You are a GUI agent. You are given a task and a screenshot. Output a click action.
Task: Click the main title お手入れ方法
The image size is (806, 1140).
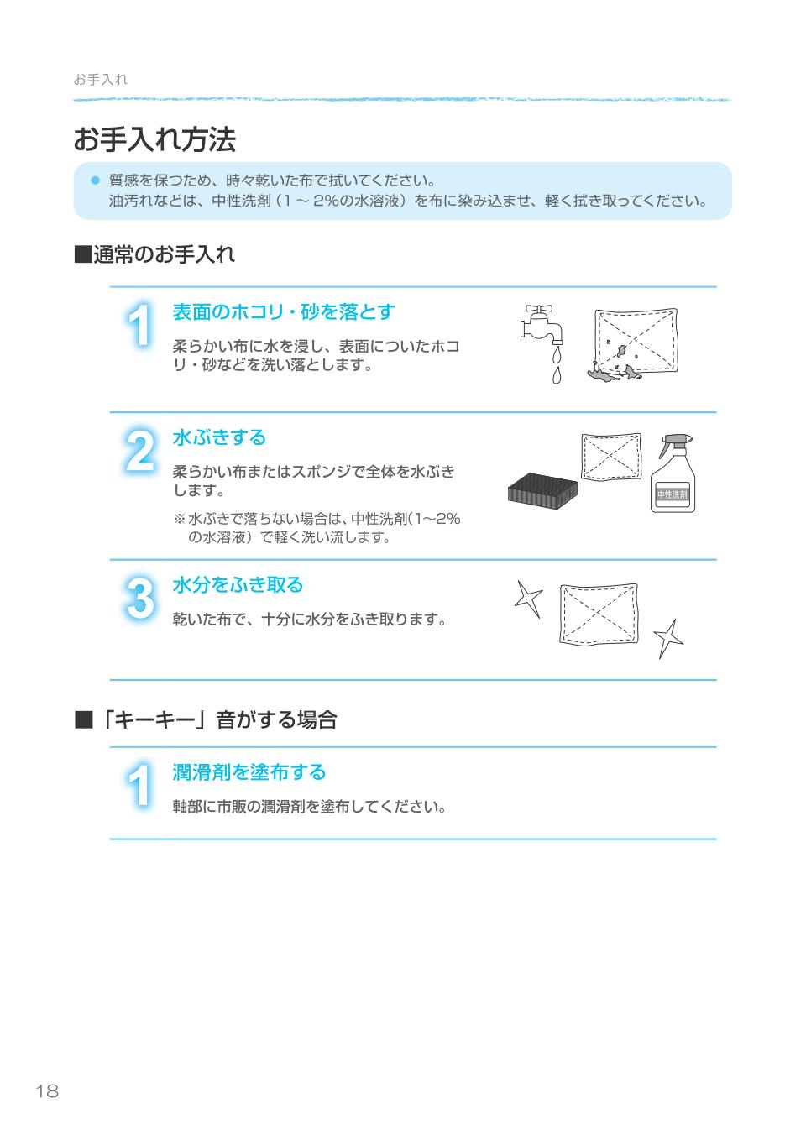point(154,139)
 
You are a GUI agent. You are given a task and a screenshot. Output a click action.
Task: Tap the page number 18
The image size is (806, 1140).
point(47,1091)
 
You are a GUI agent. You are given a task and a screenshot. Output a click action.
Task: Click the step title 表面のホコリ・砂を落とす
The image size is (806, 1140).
point(283,312)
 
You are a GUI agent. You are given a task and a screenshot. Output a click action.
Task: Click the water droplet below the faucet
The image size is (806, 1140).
point(555,374)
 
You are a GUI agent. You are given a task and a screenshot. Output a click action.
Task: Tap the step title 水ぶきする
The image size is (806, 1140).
point(219,437)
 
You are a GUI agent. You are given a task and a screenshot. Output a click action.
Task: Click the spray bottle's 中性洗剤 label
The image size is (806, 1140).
point(672,494)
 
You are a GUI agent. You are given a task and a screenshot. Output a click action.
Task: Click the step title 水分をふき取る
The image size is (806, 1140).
point(238,585)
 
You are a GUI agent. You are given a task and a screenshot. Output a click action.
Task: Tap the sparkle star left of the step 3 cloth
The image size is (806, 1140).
point(528,599)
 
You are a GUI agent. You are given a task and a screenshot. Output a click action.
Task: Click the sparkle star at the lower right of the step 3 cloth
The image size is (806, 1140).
point(668,638)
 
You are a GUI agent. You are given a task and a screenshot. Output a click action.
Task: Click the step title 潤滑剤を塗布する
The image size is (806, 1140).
point(249,772)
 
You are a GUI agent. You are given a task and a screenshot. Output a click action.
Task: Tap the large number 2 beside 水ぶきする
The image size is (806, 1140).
point(140,452)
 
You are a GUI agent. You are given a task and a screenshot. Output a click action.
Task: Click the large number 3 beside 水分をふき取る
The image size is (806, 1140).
point(140,599)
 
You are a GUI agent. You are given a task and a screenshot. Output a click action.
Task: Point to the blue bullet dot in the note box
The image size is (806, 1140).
point(95,180)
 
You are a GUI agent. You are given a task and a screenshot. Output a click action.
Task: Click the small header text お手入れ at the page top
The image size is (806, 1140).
point(100,80)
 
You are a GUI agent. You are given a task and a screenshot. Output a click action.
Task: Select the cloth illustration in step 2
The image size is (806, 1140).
point(610,458)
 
